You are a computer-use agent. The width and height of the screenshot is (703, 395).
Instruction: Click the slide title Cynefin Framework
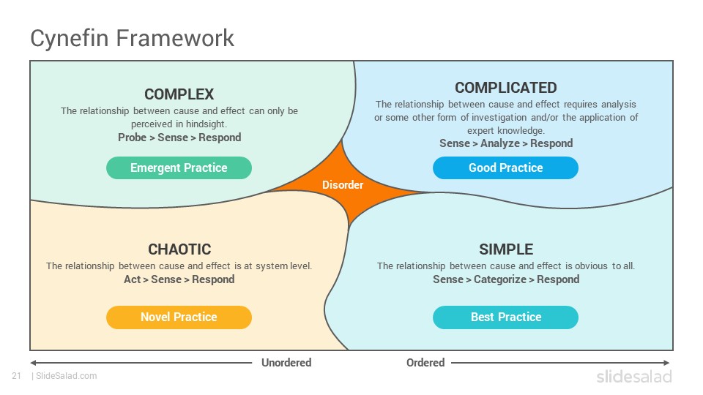coord(132,38)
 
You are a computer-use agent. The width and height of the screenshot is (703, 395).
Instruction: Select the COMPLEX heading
coord(179,94)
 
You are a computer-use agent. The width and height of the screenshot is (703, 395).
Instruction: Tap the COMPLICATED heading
coord(506,87)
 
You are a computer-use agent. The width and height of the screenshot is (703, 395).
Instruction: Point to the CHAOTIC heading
coord(179,249)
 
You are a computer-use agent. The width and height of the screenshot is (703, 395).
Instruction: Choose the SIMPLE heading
coord(506,249)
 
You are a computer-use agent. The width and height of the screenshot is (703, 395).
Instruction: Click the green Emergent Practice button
coord(179,168)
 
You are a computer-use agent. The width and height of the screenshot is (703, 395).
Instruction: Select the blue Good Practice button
coord(506,168)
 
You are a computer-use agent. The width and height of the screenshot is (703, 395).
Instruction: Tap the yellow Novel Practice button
coord(179,317)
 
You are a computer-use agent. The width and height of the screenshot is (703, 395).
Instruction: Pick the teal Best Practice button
coord(506,317)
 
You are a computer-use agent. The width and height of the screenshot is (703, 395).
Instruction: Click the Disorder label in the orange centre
coord(343,184)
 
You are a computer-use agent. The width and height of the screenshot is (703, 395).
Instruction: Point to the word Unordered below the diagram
coord(286,362)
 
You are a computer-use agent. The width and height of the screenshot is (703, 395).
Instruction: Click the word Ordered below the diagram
coord(425,362)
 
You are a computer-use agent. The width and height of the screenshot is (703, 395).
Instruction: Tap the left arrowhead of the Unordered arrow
coord(33,363)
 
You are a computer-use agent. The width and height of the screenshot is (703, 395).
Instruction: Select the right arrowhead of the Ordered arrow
coord(666,363)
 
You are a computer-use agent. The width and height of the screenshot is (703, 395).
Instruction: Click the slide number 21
coord(17,376)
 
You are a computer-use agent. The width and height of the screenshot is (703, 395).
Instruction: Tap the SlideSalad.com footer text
coord(67,376)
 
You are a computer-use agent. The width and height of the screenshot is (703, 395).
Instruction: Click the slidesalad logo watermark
coord(634,377)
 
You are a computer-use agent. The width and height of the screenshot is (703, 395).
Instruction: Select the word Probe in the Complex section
coord(132,138)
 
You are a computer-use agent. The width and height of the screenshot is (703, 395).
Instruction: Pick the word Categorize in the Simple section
coord(500,279)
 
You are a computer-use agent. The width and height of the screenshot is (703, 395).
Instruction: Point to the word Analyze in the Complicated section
coord(500,143)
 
